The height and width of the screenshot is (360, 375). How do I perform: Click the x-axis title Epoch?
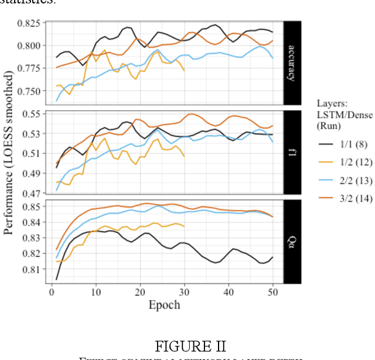click(x=164, y=304)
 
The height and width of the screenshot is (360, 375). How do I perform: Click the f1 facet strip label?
click(x=292, y=153)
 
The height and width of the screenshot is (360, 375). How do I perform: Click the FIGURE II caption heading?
click(x=191, y=346)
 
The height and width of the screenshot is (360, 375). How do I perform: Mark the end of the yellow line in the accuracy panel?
click(x=185, y=71)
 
